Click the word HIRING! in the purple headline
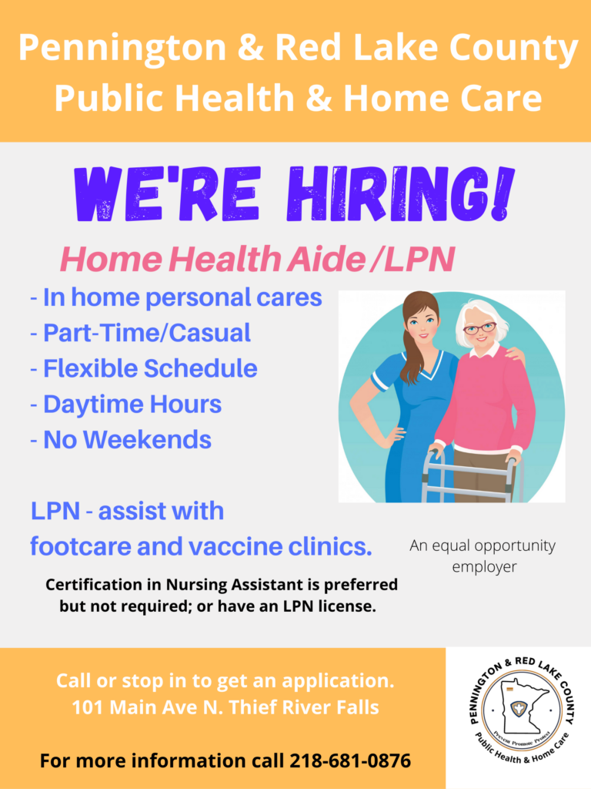[x=401, y=193]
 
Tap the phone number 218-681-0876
[x=350, y=760]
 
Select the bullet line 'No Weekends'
[x=121, y=439]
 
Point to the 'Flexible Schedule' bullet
[x=144, y=368]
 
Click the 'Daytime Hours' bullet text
[x=125, y=404]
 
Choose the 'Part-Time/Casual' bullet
[x=140, y=333]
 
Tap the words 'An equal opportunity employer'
[x=483, y=556]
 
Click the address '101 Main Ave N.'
[x=148, y=707]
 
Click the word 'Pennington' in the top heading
[x=122, y=49]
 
